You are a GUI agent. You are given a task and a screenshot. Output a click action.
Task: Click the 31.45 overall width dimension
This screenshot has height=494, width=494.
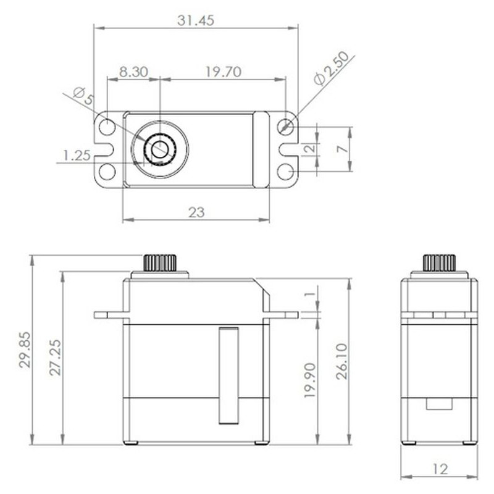196,20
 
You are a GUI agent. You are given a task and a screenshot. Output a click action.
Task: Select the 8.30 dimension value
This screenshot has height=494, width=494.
133,72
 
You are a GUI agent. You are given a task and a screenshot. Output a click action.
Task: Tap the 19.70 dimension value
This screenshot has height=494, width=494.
224,72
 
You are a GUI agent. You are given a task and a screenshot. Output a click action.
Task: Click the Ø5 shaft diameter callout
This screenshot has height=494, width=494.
83,96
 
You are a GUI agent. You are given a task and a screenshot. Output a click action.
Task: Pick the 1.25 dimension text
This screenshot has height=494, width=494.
77,156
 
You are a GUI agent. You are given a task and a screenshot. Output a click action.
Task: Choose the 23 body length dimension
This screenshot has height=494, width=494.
196,212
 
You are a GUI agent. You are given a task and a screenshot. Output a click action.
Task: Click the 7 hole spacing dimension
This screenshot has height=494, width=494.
343,148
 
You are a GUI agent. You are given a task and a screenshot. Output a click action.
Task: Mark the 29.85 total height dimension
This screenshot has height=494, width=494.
25,350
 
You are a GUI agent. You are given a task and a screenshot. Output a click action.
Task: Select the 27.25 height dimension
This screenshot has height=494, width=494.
56,358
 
